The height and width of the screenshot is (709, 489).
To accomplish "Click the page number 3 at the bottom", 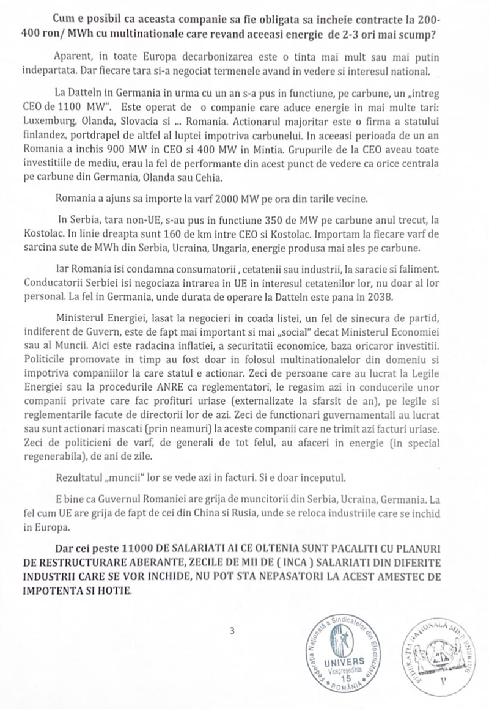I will tap(232, 631).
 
